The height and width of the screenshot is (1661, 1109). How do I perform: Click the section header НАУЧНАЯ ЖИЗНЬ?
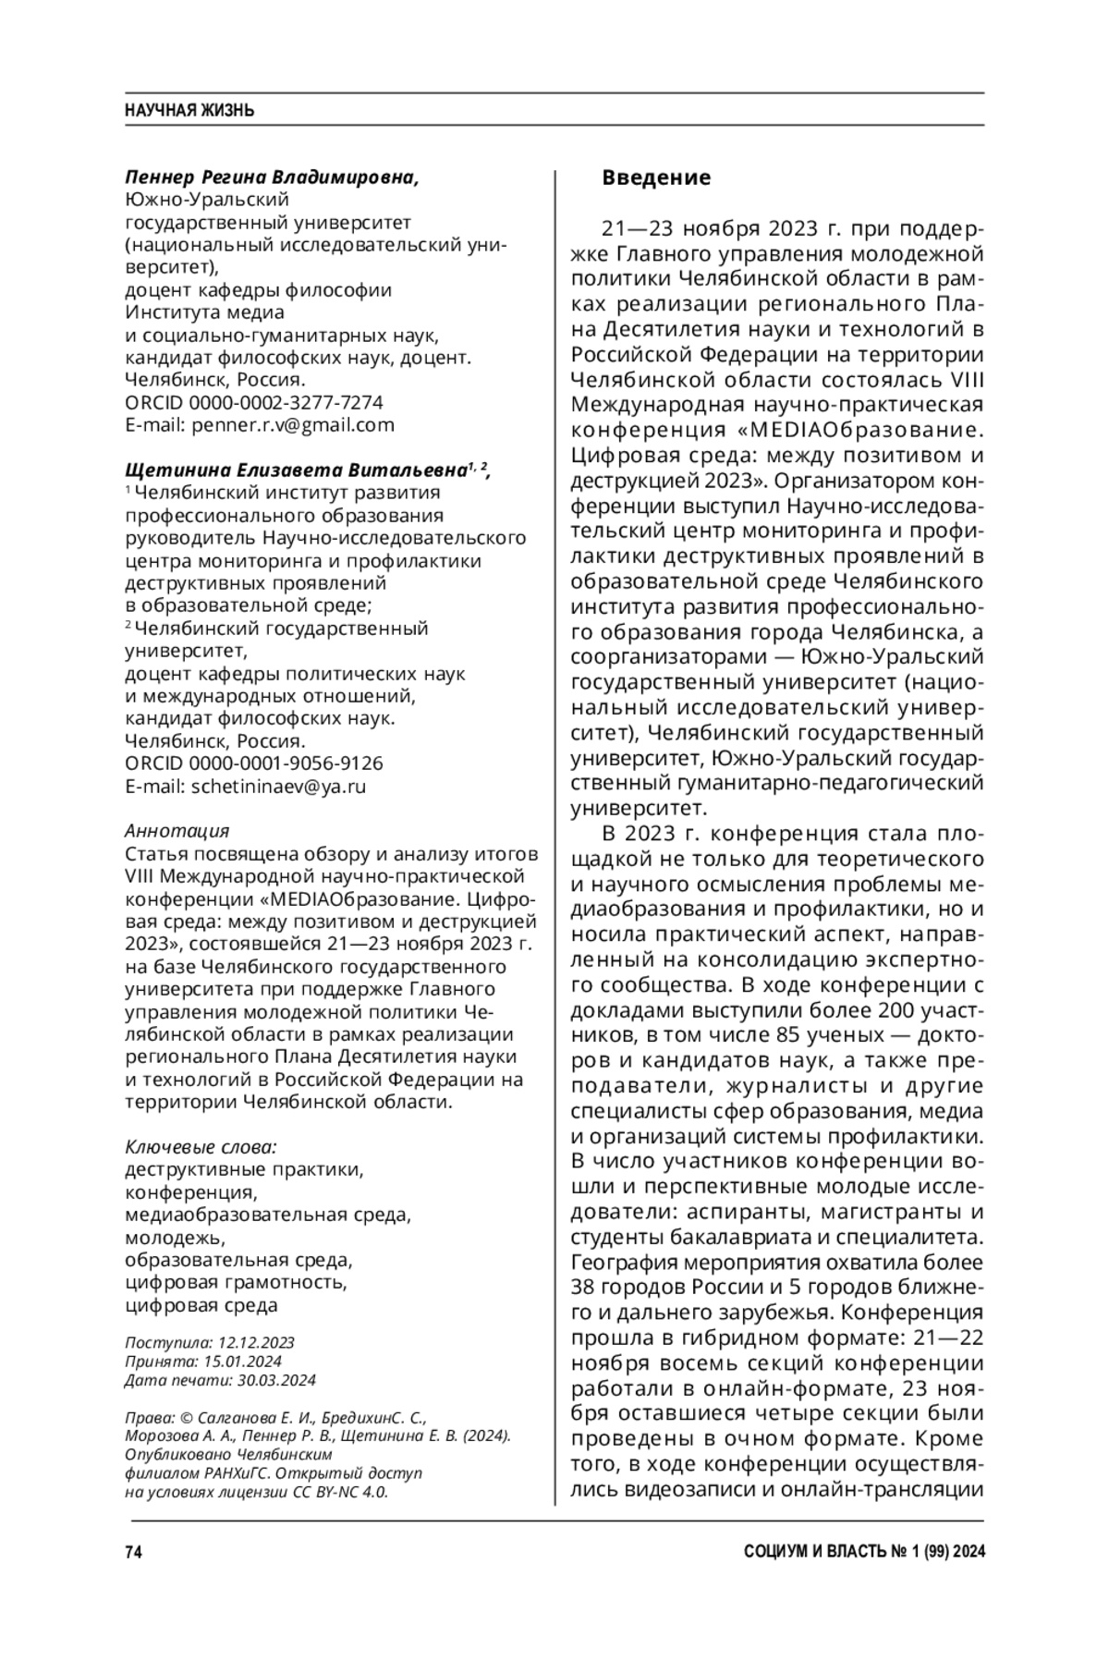click(x=189, y=111)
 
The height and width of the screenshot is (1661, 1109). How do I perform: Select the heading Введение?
click(x=656, y=177)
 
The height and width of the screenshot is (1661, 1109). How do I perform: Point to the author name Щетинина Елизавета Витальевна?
click(x=295, y=470)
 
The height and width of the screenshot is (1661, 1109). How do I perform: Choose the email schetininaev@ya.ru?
click(x=278, y=787)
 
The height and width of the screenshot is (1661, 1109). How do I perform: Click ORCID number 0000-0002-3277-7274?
click(x=286, y=403)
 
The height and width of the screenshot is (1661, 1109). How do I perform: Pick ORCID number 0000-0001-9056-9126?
click(x=286, y=764)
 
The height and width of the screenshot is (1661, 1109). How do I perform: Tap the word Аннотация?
click(x=177, y=831)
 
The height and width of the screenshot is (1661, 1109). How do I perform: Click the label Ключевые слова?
click(x=201, y=1147)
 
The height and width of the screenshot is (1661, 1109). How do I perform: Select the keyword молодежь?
click(x=175, y=1238)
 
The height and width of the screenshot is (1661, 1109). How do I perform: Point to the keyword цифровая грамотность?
click(x=236, y=1283)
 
